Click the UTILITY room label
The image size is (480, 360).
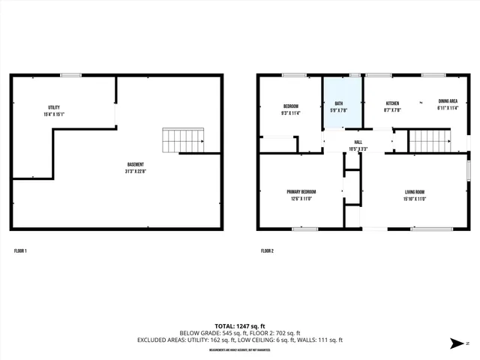coord(54,107)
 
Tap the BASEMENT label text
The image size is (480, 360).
coord(136,164)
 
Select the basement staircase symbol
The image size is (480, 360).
coord(184,139)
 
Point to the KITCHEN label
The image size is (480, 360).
coord(392,103)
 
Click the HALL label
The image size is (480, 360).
coord(358,142)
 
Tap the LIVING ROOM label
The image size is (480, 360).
coord(415,192)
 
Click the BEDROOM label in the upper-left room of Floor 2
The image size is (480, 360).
coord(291,106)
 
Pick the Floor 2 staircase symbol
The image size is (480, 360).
coord(428,140)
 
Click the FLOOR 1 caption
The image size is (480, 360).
coord(20,250)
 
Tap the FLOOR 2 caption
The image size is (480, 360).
coord(267,250)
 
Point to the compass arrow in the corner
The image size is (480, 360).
coord(454,343)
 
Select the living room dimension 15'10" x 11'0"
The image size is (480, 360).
coord(415,199)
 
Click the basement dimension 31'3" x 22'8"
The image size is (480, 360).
coord(136,171)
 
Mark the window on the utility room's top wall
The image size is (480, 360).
coord(71,75)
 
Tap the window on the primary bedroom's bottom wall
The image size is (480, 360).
coord(304,229)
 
